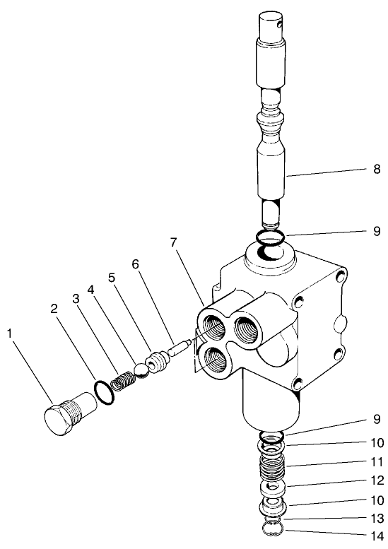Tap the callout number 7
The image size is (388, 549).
tap(173, 243)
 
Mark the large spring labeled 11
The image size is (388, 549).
tap(271, 467)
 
